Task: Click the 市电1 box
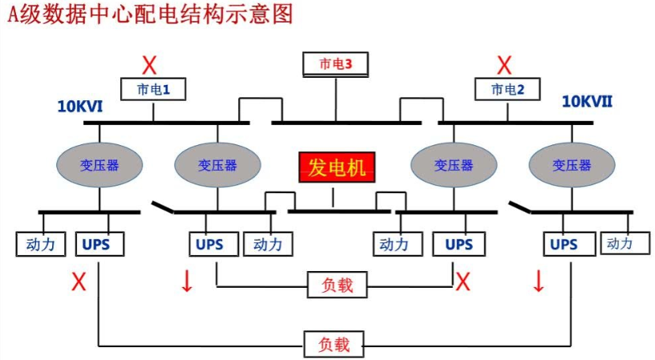click(152, 88)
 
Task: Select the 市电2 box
click(507, 89)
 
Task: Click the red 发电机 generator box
click(337, 168)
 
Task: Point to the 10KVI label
click(79, 106)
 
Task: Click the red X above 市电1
click(149, 64)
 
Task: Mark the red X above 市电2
click(504, 64)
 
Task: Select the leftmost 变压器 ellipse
click(99, 164)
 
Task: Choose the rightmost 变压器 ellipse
click(572, 164)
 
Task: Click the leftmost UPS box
click(99, 244)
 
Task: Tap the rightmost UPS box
click(564, 244)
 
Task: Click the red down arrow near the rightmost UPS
click(538, 281)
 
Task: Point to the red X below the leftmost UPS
click(79, 281)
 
